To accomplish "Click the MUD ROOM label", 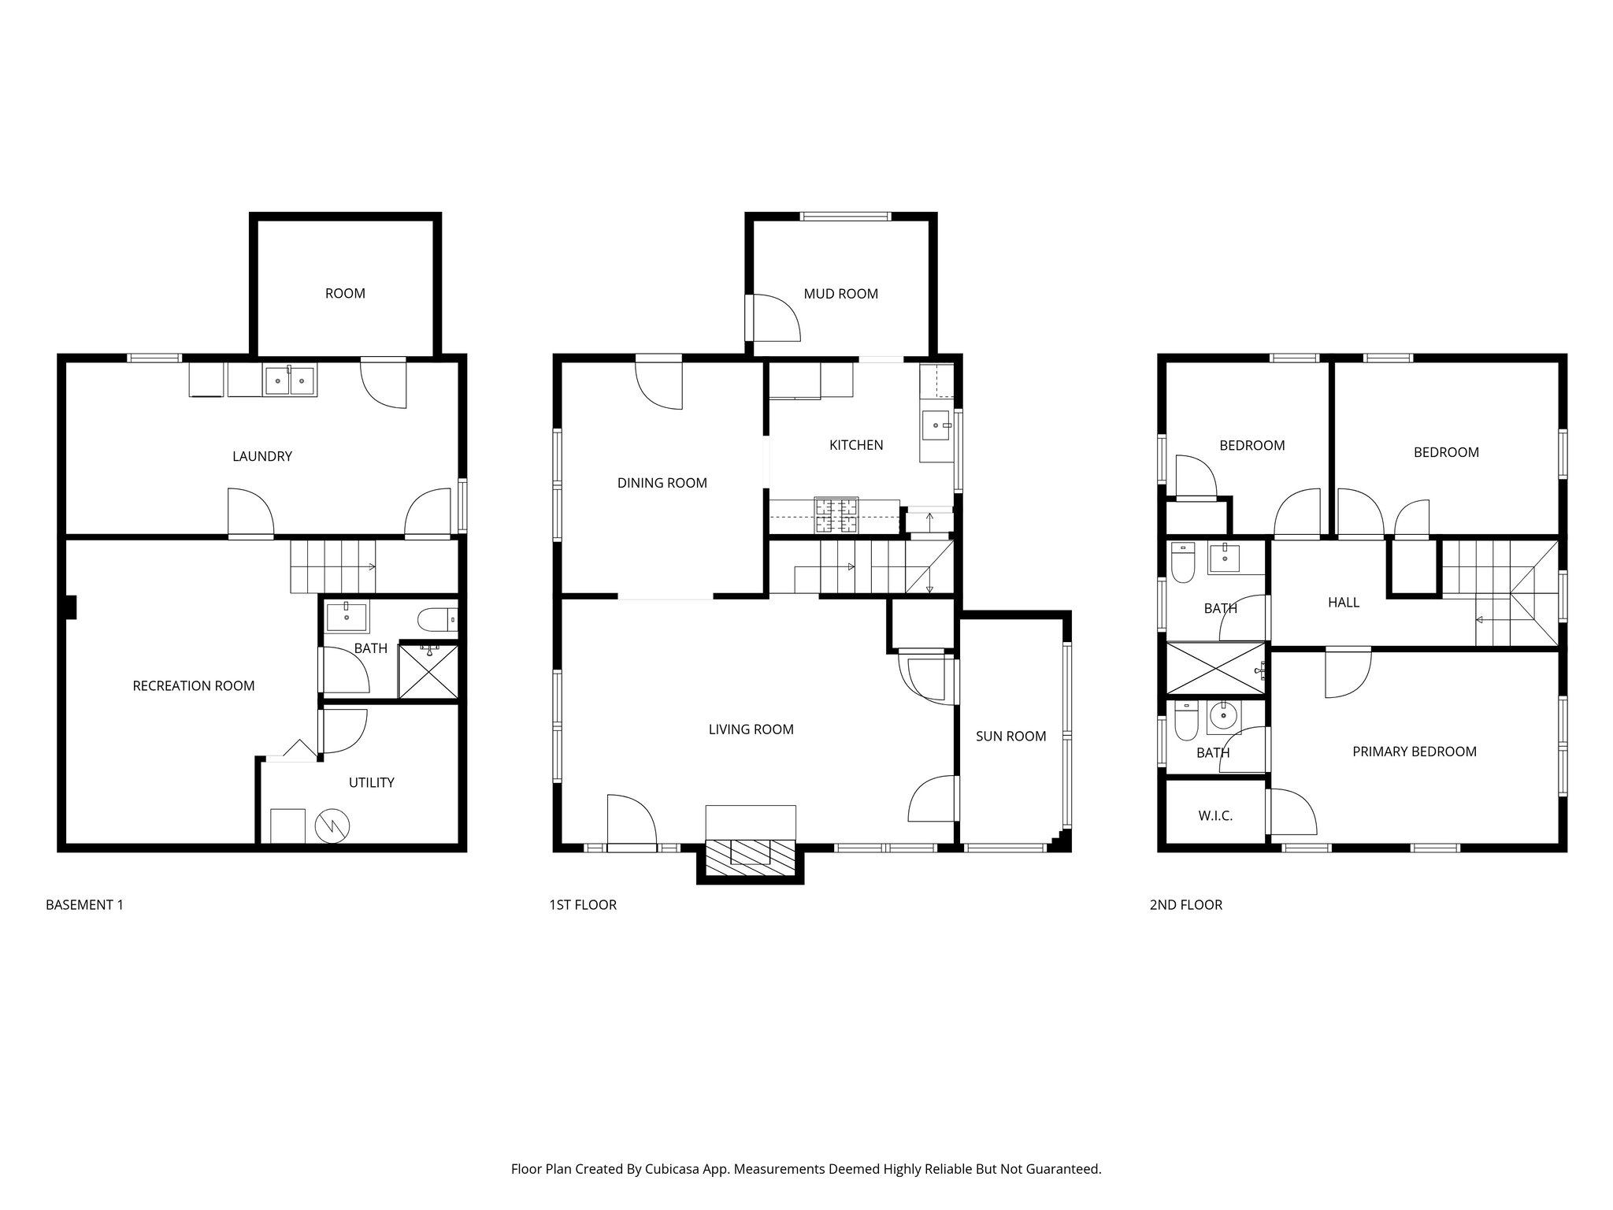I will click(x=840, y=294).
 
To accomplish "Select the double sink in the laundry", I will click(x=290, y=380).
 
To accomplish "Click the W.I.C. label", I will click(x=1215, y=816).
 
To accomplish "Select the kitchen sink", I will click(x=936, y=425).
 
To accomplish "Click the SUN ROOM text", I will click(x=1010, y=737).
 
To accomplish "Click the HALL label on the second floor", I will click(x=1344, y=603).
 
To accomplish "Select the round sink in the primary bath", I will click(x=1222, y=715).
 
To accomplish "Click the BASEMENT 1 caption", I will click(x=84, y=905).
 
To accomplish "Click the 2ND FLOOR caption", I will click(x=1186, y=905).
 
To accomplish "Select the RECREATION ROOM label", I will click(x=194, y=686).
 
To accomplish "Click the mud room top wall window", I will click(x=844, y=216).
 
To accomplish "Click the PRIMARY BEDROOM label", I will click(x=1415, y=752).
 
